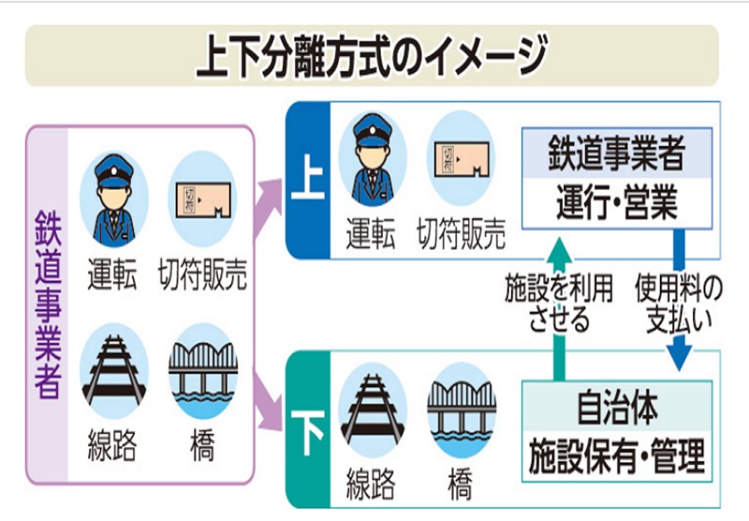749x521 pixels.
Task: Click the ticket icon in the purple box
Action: [199, 198]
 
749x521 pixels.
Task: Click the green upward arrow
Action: [559, 309]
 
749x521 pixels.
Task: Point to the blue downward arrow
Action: [680, 309]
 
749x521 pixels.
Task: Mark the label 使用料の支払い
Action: [680, 301]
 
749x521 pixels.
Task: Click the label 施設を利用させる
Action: [559, 301]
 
